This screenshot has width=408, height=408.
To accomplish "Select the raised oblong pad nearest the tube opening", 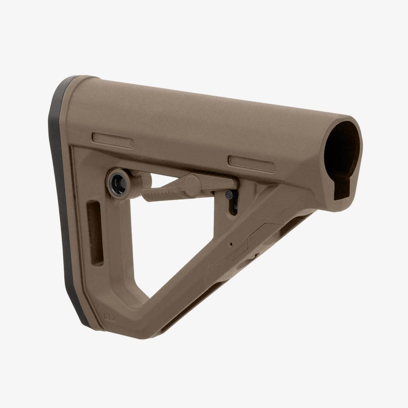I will click(252, 161).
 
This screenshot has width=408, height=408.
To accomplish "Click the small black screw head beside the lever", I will click(229, 195).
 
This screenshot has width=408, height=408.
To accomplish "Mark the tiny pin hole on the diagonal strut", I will click(231, 244).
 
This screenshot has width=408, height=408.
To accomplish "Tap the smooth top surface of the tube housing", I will click(204, 102).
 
